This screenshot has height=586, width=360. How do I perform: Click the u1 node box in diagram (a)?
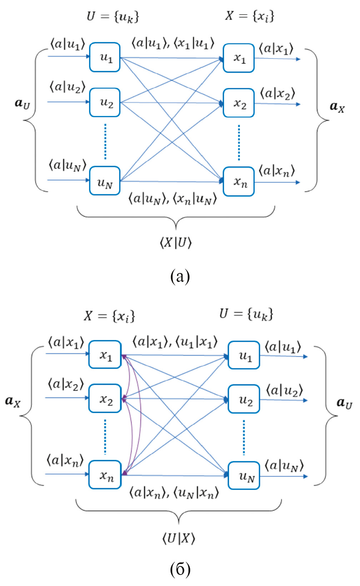105,57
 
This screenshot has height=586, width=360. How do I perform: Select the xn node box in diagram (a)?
239,182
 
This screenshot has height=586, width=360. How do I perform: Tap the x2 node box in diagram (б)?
105,399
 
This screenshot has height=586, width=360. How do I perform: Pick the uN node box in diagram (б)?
244,476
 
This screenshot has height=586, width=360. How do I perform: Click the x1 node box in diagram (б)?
105,355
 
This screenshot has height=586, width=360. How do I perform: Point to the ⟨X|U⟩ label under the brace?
175,243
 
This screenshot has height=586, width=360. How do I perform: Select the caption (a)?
180,277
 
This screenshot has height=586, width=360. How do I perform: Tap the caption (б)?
180,569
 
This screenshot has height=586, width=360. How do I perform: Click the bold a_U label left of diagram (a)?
22,103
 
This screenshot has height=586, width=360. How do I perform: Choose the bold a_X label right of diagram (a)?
337,106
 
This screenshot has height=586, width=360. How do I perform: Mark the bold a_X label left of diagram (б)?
13,401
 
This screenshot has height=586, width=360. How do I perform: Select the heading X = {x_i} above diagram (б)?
109,316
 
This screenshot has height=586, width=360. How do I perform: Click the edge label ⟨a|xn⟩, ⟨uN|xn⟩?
174,493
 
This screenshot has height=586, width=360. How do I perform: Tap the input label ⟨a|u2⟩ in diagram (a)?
67,87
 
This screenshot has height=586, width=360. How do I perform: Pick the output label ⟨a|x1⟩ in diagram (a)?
276,49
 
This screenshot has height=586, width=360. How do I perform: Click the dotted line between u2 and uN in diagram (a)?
105,141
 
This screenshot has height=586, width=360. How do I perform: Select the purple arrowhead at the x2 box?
124,399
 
